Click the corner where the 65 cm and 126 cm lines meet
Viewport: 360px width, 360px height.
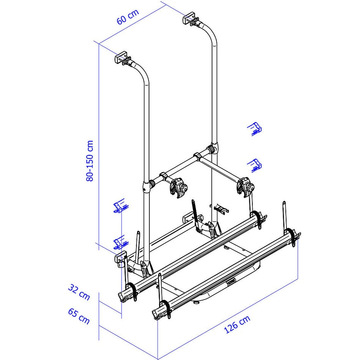pos(158,359)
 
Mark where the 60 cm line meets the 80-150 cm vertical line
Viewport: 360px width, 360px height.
pos(99,44)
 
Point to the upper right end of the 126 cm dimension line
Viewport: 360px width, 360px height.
pos(298,279)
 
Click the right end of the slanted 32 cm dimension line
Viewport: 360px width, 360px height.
pos(121,313)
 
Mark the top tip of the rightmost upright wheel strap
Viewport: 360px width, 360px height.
pos(284,202)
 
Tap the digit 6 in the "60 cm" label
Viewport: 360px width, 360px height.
pos(120,21)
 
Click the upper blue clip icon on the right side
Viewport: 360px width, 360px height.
pos(254,129)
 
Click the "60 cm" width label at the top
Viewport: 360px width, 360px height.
pos(128,17)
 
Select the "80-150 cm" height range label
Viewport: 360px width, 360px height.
pos(89,161)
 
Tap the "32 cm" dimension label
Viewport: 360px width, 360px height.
pos(79,292)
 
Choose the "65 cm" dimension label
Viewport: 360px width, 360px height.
pos(78,316)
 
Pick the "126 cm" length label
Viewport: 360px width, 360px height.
pos(237,324)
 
